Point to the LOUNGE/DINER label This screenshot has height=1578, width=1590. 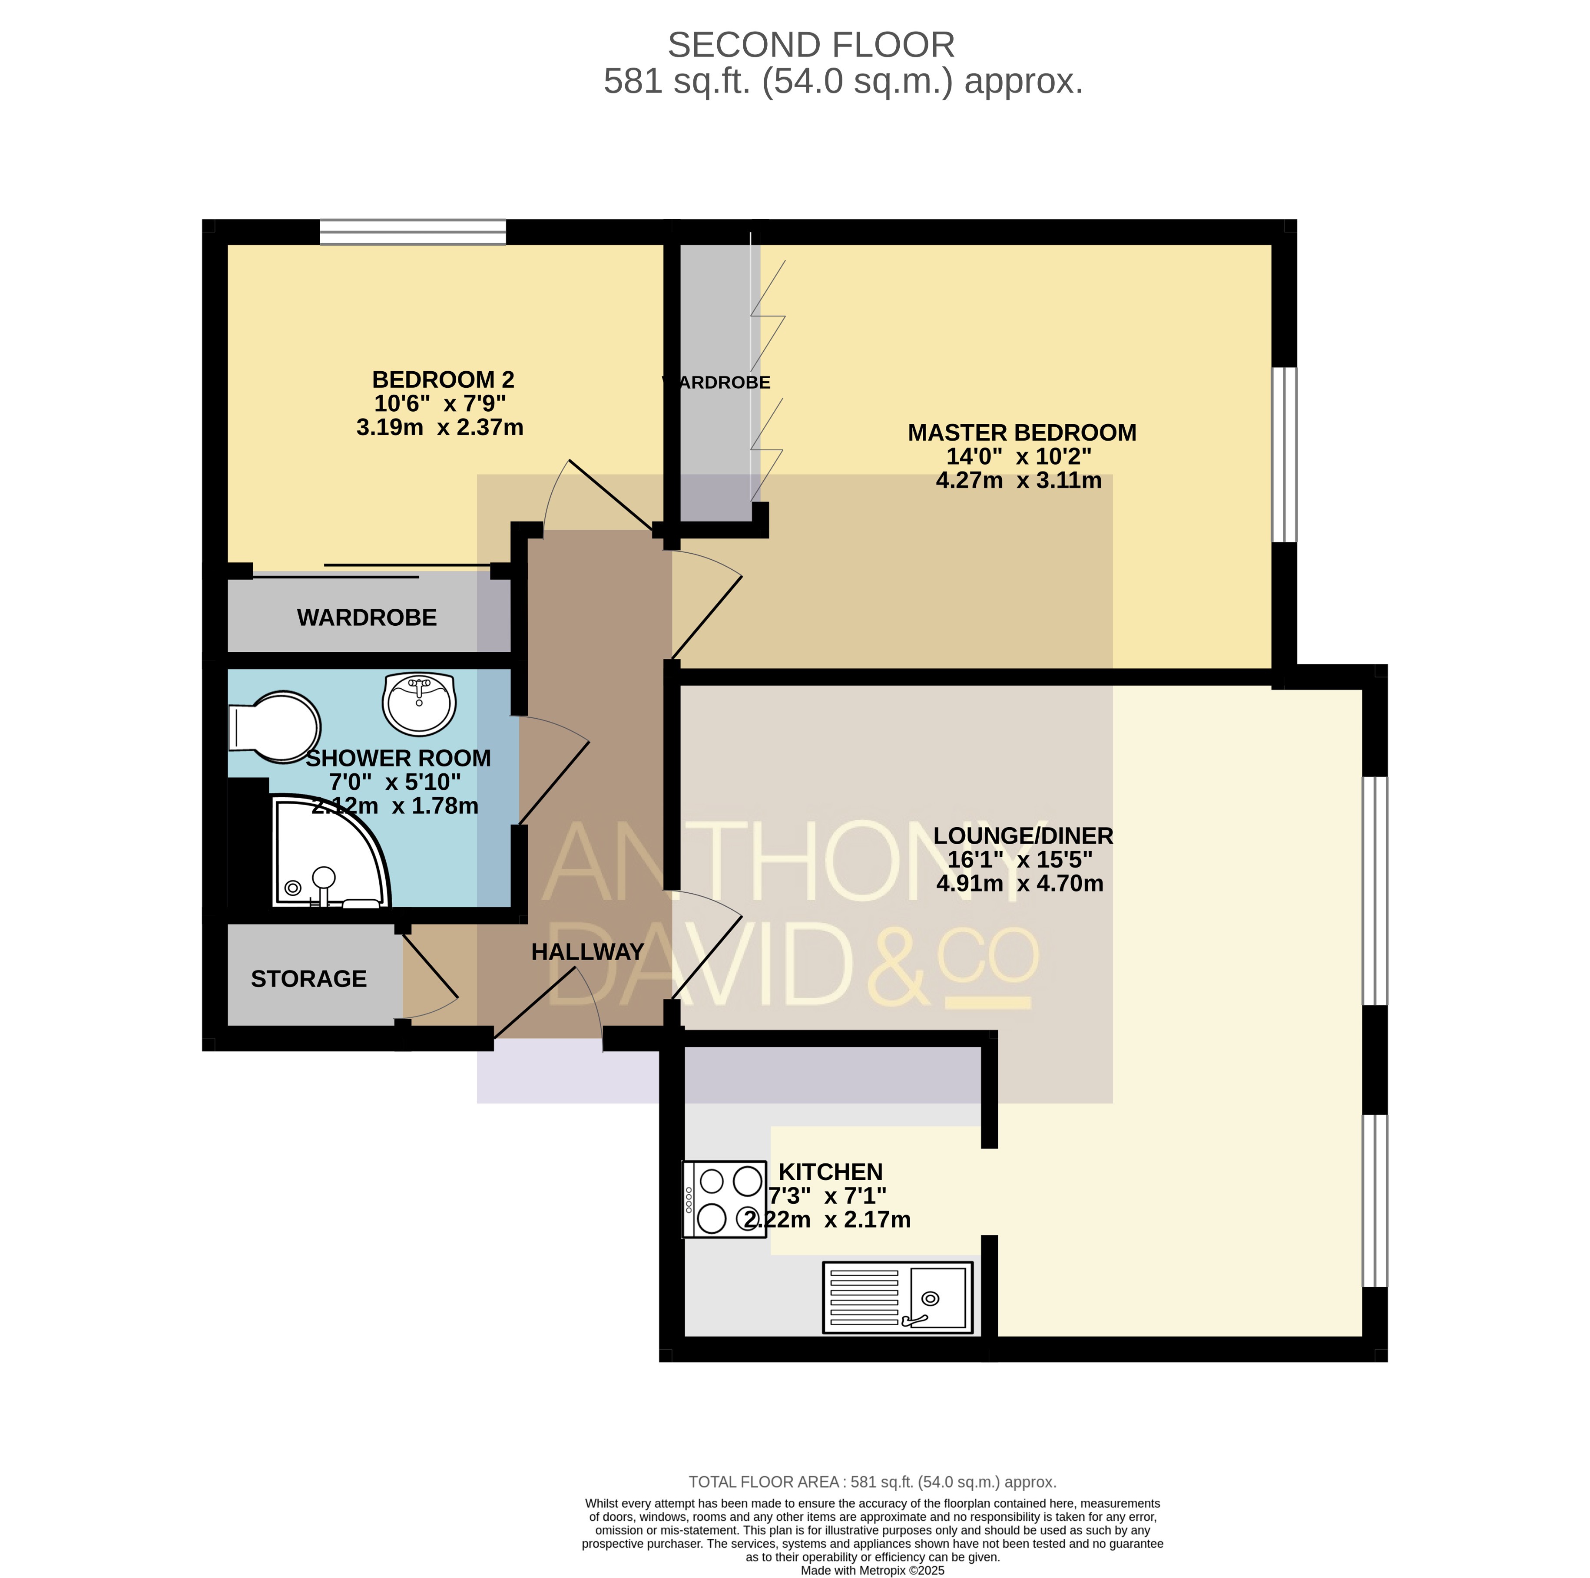click(1023, 836)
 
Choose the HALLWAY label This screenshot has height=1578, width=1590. click(588, 952)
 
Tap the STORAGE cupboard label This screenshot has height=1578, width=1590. click(308, 979)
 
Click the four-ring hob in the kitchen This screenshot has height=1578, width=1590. click(724, 1199)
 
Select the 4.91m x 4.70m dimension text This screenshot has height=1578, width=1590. click(1020, 884)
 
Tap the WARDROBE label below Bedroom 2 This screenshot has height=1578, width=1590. click(367, 618)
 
